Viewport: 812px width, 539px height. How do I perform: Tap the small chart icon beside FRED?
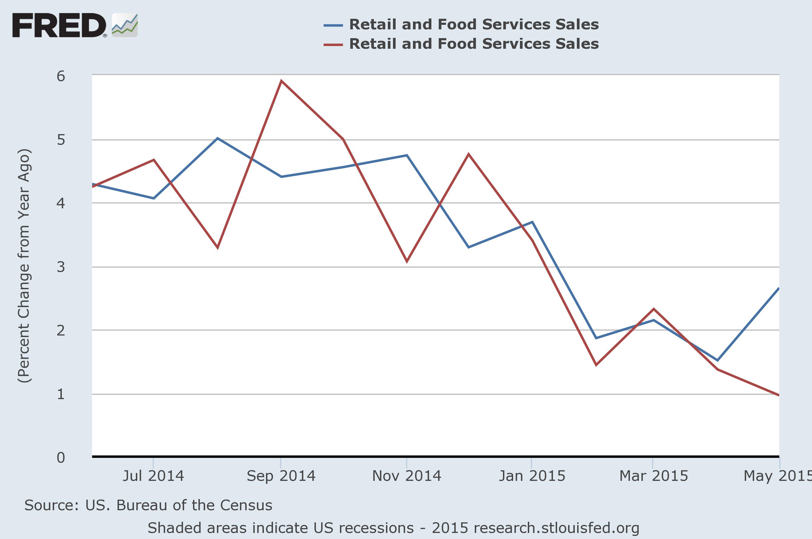click(x=125, y=25)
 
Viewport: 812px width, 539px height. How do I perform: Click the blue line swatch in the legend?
click(x=333, y=25)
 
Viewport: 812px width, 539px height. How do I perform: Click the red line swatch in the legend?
click(x=333, y=44)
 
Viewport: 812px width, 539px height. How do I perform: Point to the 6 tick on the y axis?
click(x=61, y=76)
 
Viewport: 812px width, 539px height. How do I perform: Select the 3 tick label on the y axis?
click(x=61, y=267)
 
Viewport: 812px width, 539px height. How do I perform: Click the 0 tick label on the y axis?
click(x=61, y=458)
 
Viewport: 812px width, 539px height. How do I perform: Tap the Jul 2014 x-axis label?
click(x=153, y=476)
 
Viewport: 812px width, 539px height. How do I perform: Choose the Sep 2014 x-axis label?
click(x=281, y=476)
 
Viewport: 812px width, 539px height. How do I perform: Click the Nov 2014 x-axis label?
click(x=407, y=476)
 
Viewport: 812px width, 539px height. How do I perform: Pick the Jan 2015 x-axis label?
click(x=532, y=476)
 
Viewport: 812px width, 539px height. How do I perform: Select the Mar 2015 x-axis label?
click(x=654, y=476)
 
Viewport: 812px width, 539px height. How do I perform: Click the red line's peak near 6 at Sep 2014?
click(x=281, y=81)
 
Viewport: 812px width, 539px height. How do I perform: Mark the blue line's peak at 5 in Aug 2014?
click(x=217, y=138)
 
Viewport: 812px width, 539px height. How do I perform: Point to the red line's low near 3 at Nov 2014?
click(x=407, y=262)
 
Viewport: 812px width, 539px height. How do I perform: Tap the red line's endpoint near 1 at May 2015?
click(x=779, y=395)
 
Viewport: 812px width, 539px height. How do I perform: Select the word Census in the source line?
click(x=246, y=505)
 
